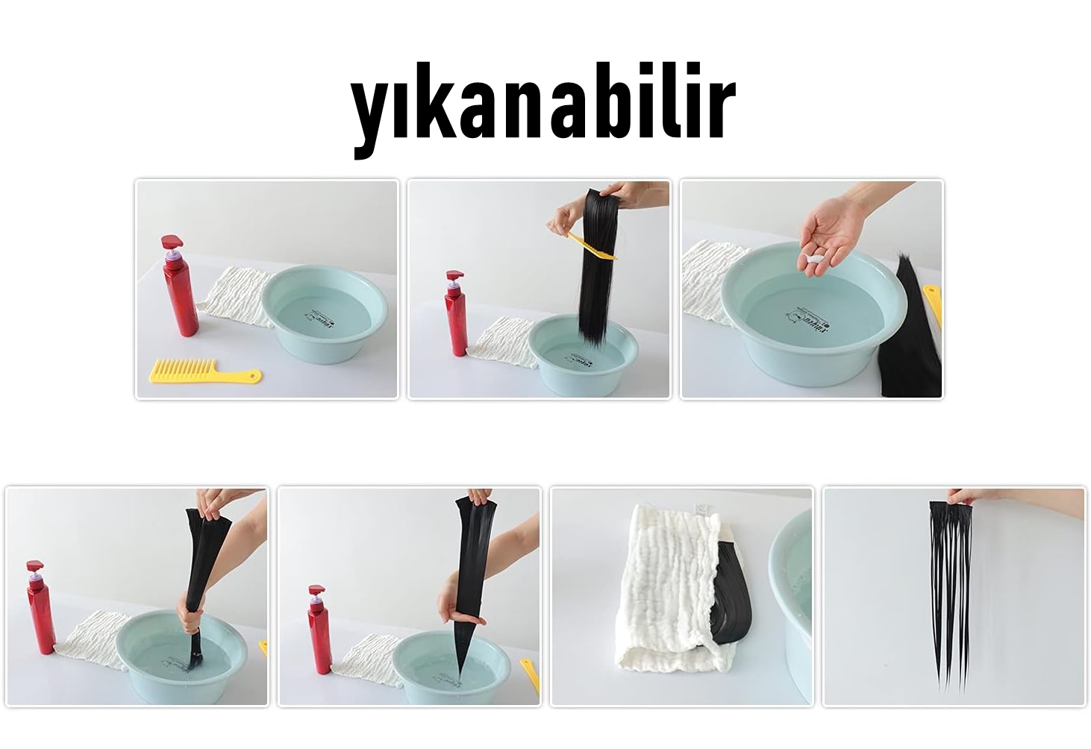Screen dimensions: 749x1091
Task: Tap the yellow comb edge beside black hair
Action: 933,302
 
